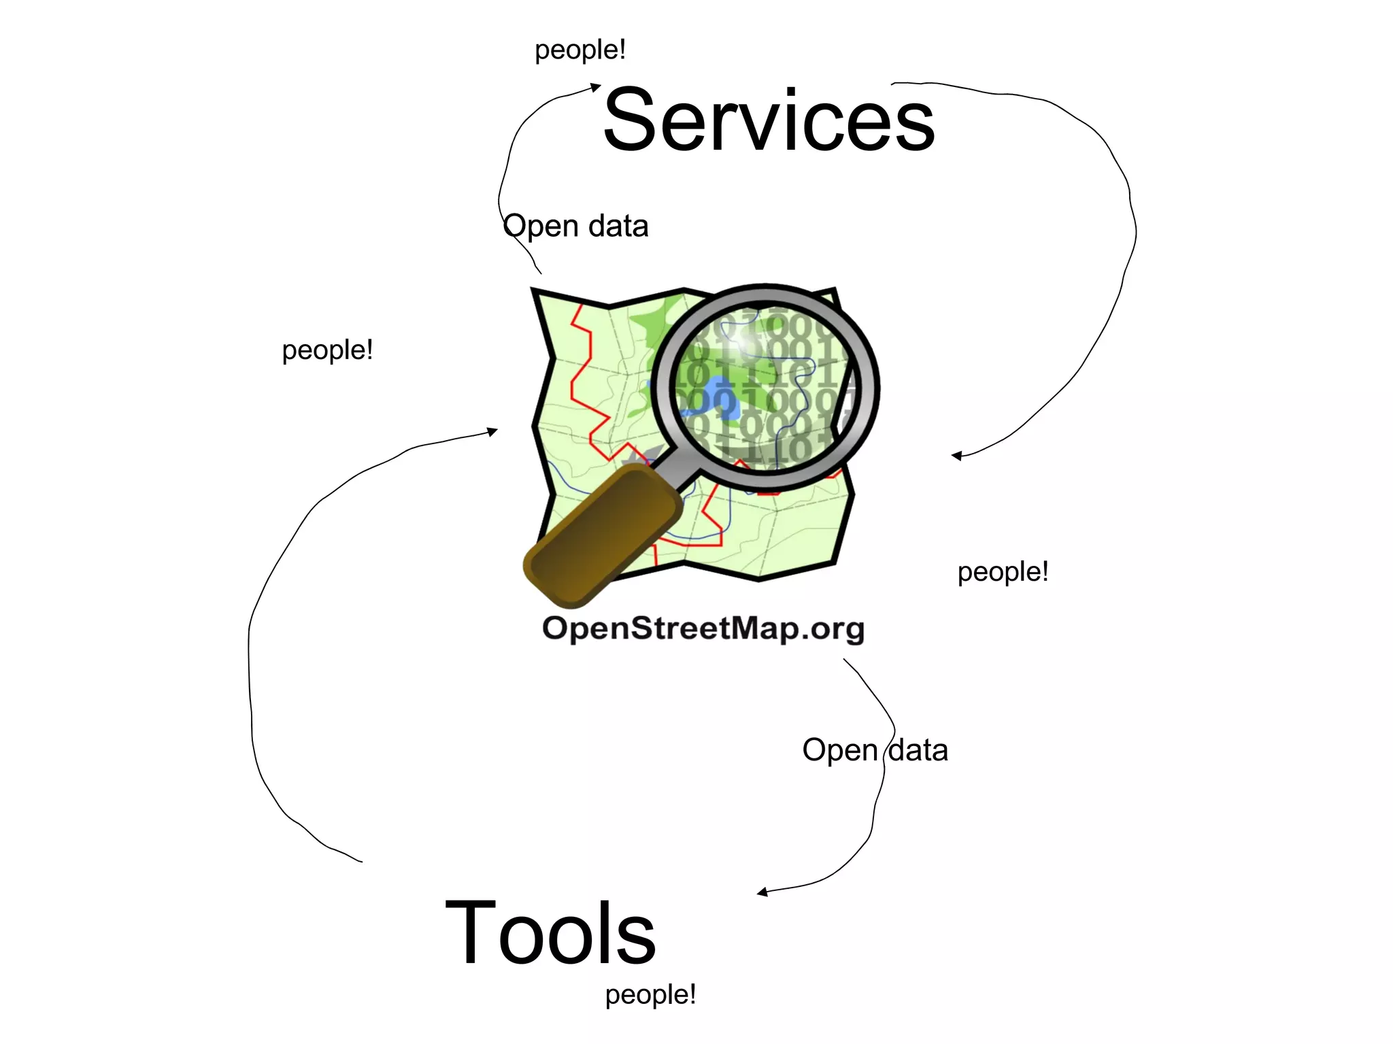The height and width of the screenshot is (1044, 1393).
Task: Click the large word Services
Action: coord(769,121)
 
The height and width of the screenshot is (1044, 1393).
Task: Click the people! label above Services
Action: coord(580,50)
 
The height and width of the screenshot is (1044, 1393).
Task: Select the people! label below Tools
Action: coord(650,994)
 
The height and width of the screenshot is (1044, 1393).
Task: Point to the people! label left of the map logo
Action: coord(327,350)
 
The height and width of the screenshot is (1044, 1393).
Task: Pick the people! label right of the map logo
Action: coord(1003,572)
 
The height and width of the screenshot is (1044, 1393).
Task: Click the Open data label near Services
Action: coord(575,226)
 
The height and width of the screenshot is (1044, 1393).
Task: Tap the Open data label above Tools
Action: coord(875,750)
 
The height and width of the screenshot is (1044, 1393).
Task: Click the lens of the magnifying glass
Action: coord(765,388)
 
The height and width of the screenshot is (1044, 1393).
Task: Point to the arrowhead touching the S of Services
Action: coord(595,87)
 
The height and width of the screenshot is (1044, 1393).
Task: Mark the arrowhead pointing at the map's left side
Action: coord(492,431)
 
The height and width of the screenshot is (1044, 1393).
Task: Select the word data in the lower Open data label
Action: coord(918,750)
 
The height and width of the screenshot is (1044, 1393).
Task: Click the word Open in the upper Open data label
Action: coord(541,226)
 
